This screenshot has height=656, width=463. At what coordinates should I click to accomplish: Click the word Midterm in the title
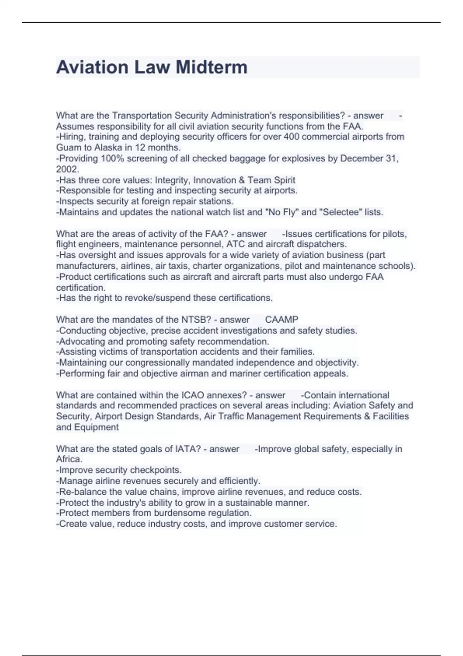pyautogui.click(x=211, y=67)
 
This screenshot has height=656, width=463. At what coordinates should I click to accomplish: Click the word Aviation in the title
pyautogui.click(x=92, y=67)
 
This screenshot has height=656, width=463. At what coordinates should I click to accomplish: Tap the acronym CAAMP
pyautogui.click(x=282, y=320)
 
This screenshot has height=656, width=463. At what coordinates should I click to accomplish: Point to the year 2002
pyautogui.click(x=67, y=169)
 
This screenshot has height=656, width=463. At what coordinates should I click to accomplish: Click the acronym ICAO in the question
pyautogui.click(x=193, y=395)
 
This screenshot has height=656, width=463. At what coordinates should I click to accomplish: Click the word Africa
pyautogui.click(x=69, y=459)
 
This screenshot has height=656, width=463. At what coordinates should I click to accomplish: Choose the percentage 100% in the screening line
pyautogui.click(x=112, y=158)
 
